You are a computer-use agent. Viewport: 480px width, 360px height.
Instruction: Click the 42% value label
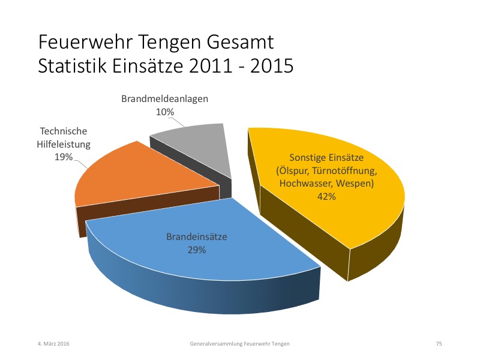pos(326,196)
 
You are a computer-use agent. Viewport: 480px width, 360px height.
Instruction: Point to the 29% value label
pos(197,250)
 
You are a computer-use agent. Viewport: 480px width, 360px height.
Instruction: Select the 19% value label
pos(64,157)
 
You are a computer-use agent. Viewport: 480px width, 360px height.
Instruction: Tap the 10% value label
pos(165,112)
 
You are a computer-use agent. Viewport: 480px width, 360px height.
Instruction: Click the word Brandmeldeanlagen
pos(164,98)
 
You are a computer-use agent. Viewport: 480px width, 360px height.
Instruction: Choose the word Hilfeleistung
pos(64,144)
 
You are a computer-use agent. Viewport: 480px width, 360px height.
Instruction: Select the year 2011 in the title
pos(211,65)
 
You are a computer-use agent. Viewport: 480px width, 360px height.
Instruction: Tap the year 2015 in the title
pos(272,65)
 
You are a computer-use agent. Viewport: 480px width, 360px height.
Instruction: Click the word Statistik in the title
pos(72,65)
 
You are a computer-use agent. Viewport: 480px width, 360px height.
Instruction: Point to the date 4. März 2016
pos(53,343)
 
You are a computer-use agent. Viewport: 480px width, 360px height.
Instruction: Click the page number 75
pos(439,344)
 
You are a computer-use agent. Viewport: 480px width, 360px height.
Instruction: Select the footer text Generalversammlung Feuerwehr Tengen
pos(239,344)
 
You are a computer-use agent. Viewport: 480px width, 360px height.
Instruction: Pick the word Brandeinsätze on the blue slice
pos(197,236)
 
